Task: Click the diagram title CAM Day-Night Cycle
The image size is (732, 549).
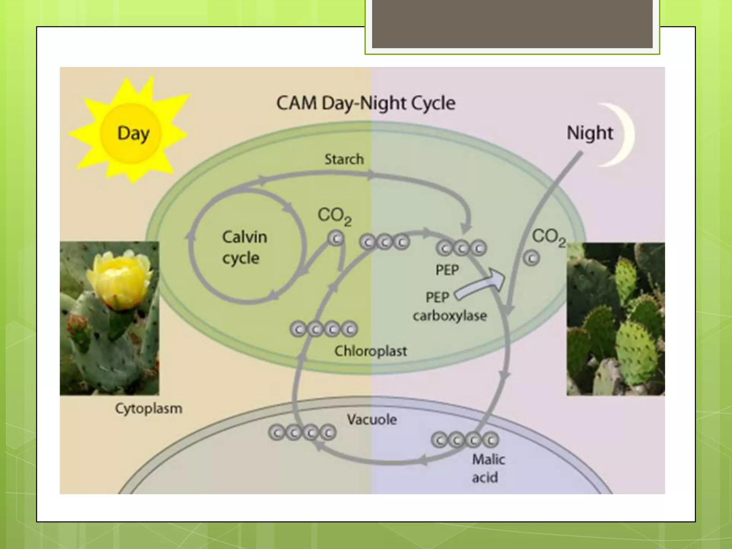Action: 366,103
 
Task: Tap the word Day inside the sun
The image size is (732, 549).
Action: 133,134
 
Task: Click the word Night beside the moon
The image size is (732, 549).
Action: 590,133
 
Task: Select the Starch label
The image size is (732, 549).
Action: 344,159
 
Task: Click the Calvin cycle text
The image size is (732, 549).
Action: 244,247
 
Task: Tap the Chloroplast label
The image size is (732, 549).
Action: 371,351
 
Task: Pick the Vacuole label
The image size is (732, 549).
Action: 372,419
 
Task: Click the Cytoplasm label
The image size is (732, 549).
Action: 148,408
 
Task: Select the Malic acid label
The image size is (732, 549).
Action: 488,468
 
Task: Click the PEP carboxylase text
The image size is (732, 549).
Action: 449,307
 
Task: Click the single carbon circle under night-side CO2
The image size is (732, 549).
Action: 531,258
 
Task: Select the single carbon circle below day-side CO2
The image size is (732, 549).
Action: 336,238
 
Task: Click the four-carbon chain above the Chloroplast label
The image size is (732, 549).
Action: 323,329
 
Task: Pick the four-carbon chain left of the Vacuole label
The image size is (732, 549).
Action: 302,433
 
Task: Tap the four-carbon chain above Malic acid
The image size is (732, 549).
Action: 465,440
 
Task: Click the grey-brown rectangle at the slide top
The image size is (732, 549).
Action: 512,24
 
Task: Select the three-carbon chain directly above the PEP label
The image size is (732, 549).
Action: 461,248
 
